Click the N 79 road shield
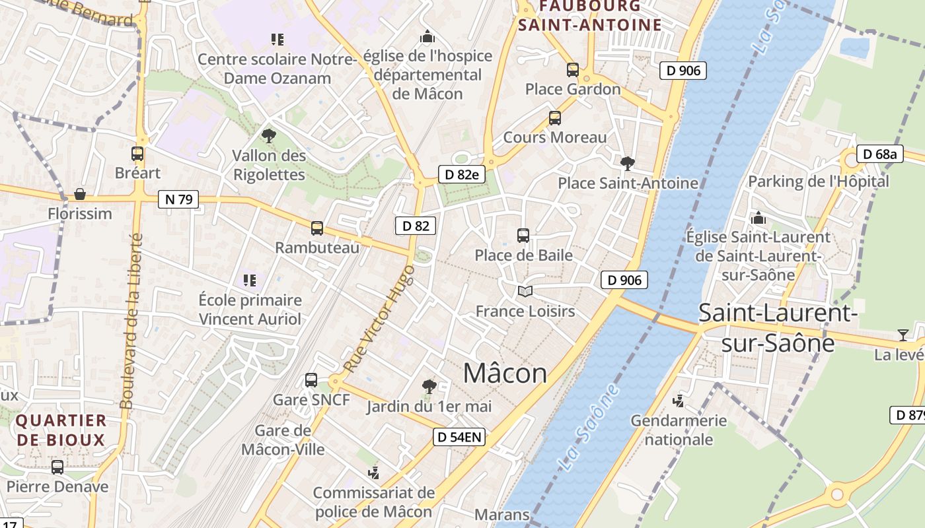click(178, 199)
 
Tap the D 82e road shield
click(462, 174)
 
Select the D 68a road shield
click(880, 154)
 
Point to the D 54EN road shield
click(459, 436)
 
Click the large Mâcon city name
click(505, 374)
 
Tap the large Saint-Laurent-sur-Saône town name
click(778, 328)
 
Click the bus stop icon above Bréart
click(137, 154)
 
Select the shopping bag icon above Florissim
click(80, 194)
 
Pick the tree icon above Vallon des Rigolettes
click(268, 136)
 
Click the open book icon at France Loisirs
click(525, 291)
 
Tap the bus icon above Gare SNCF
click(311, 380)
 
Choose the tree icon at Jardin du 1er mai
click(429, 386)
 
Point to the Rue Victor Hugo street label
click(379, 318)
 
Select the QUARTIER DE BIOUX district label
click(61, 430)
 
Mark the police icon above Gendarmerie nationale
click(679, 401)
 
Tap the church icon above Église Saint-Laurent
click(758, 217)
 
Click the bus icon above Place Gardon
click(573, 69)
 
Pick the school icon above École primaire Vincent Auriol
click(250, 280)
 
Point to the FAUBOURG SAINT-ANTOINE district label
click(590, 16)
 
